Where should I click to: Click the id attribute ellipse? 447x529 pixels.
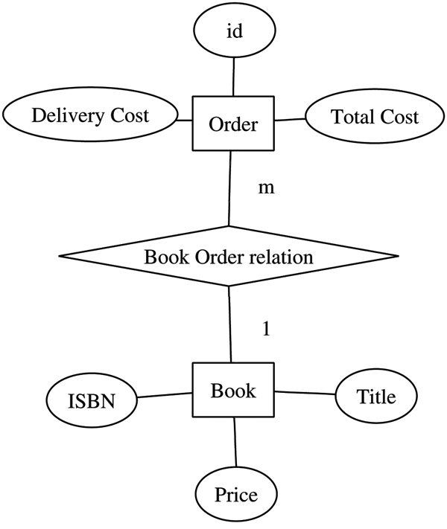(234, 32)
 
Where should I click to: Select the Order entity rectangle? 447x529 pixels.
(233, 124)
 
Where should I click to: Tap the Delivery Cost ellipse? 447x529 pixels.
(89, 116)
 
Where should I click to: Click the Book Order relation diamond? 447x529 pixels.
(229, 257)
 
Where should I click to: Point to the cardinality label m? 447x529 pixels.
(265, 187)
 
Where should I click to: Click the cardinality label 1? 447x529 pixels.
(265, 327)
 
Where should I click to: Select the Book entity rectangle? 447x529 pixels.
(233, 390)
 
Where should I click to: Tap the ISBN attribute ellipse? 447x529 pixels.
(91, 402)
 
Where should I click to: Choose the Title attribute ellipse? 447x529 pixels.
(375, 397)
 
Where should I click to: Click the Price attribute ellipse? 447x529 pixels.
(236, 495)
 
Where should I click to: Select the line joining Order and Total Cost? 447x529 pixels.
(290, 119)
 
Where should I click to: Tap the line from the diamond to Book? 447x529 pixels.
(229, 324)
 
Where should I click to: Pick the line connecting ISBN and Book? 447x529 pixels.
(165, 394)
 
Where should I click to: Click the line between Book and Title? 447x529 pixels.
(305, 393)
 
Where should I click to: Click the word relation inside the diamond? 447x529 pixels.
(285, 257)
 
